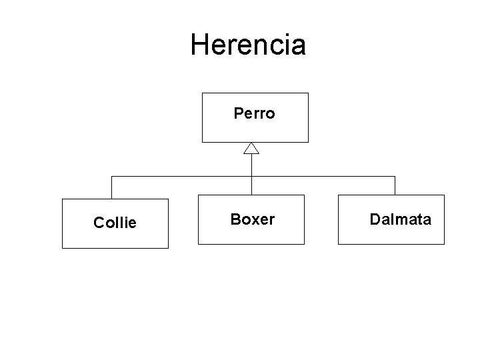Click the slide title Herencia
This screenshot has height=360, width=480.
[248, 45]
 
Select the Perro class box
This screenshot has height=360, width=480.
[255, 117]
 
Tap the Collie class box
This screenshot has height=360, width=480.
[115, 223]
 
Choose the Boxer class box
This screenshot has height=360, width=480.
[251, 219]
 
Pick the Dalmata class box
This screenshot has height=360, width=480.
[391, 219]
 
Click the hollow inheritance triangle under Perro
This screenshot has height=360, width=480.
[251, 148]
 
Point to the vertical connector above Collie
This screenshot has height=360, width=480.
[112, 187]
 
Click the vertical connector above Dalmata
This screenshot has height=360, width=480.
[395, 185]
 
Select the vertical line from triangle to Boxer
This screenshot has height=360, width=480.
[251, 175]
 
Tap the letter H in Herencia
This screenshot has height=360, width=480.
[198, 45]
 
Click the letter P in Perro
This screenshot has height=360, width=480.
[238, 114]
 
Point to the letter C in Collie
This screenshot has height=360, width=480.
[99, 223]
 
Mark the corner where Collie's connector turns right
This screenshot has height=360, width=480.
[112, 177]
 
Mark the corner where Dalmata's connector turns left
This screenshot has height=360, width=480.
[395, 177]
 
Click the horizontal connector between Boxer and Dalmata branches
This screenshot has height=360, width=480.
[323, 177]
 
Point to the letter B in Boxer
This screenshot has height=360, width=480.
[235, 219]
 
